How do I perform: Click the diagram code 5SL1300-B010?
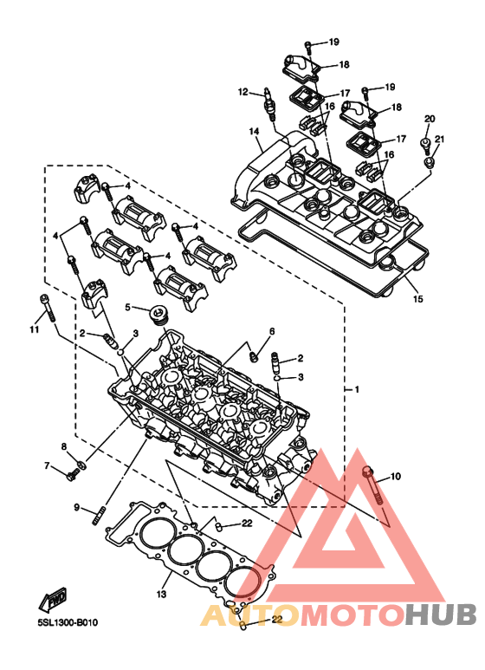[68, 622]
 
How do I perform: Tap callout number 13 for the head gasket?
[161, 594]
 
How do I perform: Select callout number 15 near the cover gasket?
[418, 299]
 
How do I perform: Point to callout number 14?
[254, 131]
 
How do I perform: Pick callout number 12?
[242, 92]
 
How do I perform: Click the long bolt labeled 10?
[372, 487]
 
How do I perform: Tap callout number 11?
[34, 329]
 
